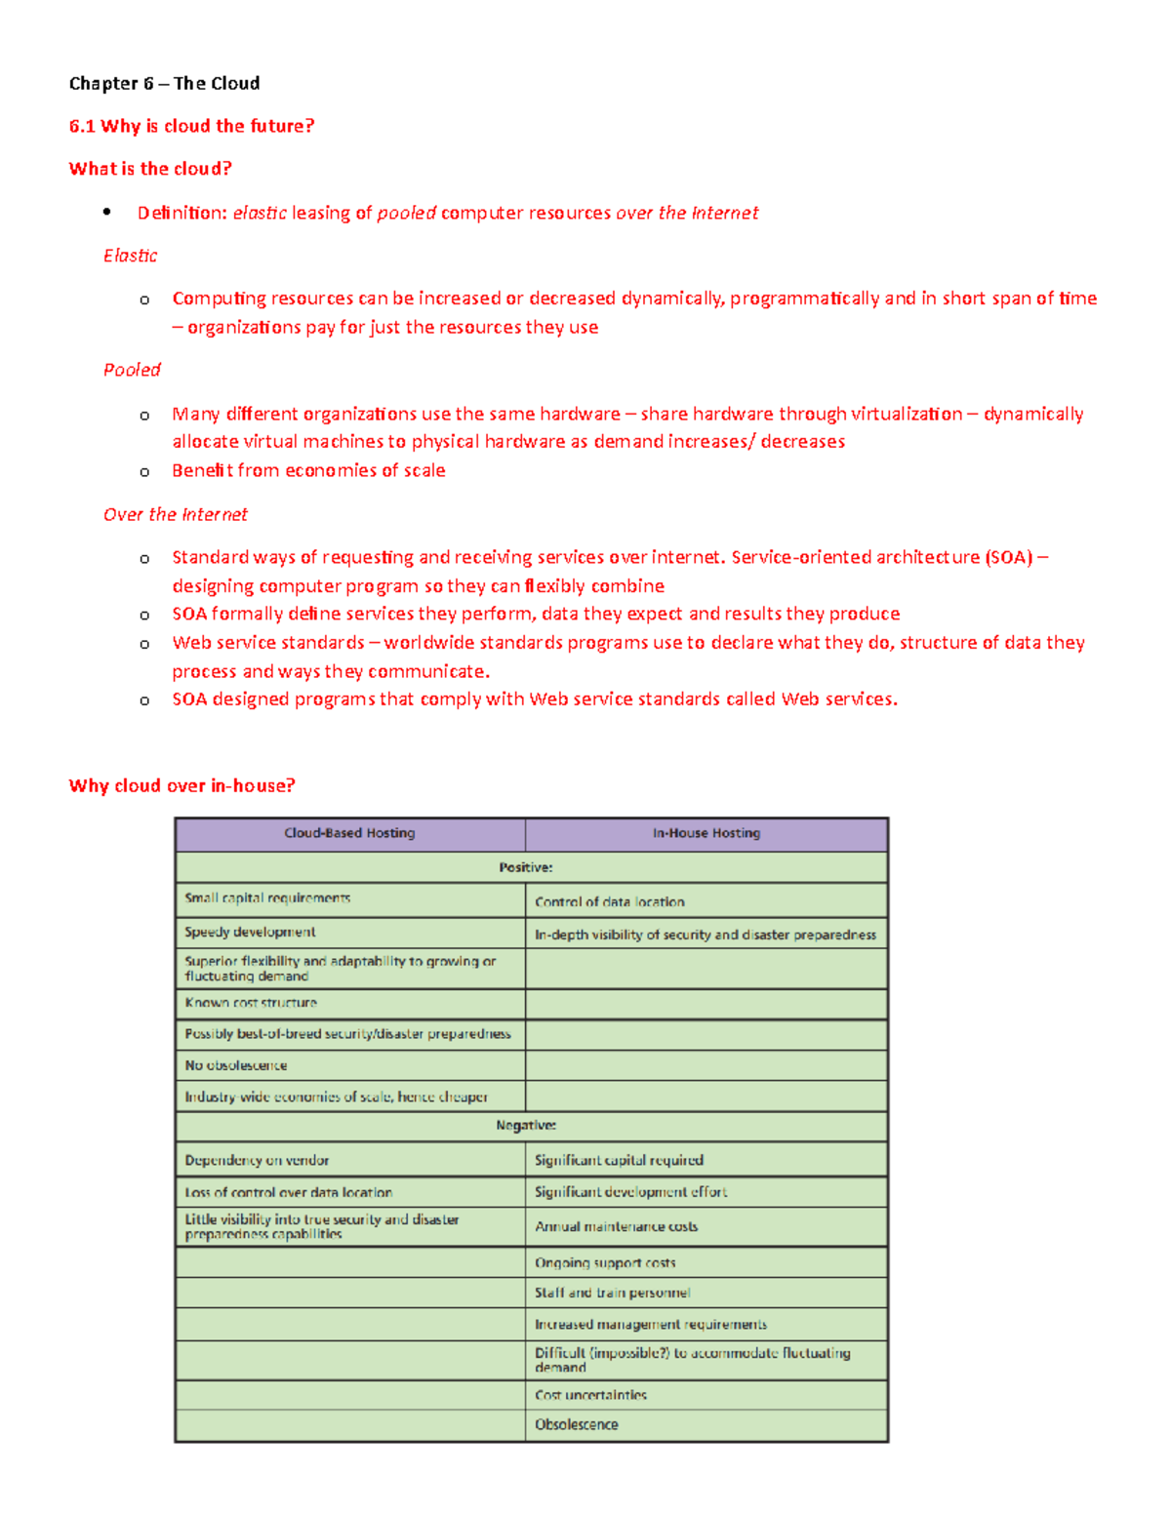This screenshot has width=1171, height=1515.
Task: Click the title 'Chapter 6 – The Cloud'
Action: coord(164,83)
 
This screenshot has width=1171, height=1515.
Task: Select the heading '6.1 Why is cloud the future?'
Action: coord(191,126)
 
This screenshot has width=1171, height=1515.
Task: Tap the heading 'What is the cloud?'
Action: coord(150,169)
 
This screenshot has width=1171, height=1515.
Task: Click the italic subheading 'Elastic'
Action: coord(130,256)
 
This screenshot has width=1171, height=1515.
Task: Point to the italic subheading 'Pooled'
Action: coord(132,370)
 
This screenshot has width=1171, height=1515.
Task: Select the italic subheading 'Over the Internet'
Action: coord(176,514)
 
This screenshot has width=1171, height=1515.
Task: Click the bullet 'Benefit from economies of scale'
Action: coord(308,470)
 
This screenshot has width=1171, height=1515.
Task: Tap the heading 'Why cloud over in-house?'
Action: coord(182,785)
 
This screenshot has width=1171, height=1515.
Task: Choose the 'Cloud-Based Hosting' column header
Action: coord(349,833)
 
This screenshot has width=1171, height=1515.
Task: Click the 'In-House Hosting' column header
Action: coord(707,833)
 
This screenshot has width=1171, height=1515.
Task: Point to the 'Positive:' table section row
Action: coord(526,867)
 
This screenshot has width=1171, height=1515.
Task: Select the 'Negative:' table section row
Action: coord(526,1125)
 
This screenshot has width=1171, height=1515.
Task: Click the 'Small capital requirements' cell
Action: coord(267,898)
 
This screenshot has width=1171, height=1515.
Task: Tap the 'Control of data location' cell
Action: coord(610,901)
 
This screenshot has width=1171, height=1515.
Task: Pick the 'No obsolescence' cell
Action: coord(236,1065)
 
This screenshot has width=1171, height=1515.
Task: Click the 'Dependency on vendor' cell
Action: coord(257,1160)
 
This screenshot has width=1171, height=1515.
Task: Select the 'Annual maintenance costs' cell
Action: coord(616,1226)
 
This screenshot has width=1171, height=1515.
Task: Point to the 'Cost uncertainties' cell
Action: coord(590,1395)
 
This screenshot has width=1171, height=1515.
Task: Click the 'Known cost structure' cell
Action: coord(251,1003)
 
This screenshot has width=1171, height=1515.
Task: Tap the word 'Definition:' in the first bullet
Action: coord(182,213)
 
